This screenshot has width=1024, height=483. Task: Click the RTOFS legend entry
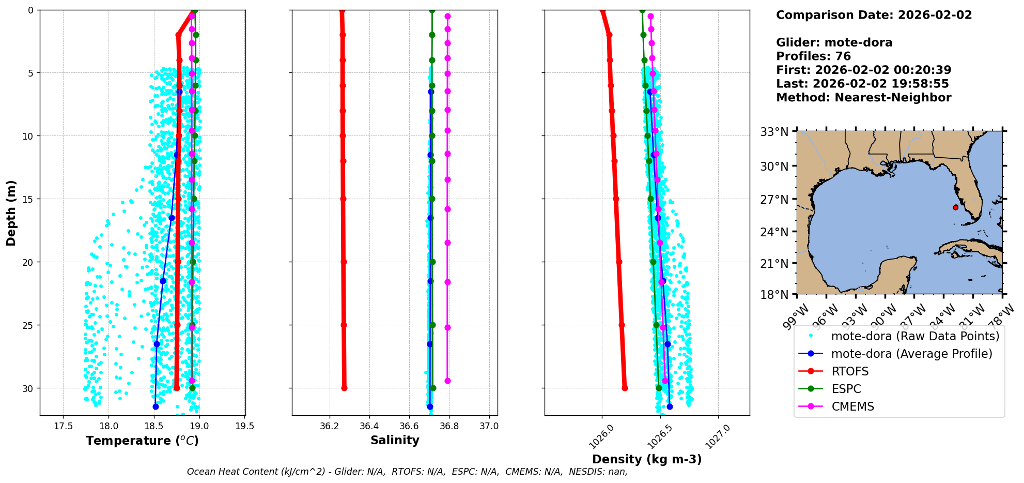pyautogui.click(x=849, y=371)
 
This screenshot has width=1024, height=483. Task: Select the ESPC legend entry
pyautogui.click(x=846, y=389)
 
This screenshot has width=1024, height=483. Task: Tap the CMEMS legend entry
pyautogui.click(x=852, y=406)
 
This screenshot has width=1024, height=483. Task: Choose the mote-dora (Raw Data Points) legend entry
pyautogui.click(x=915, y=336)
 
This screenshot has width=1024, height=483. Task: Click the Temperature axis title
pyautogui.click(x=142, y=441)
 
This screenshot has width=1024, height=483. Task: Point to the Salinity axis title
pyautogui.click(x=395, y=440)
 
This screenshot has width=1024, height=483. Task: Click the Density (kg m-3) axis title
pyautogui.click(x=647, y=459)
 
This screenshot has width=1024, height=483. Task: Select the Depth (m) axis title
pyautogui.click(x=11, y=213)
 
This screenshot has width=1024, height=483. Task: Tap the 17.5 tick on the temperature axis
pyautogui.click(x=63, y=427)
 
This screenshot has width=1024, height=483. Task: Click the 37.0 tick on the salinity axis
pyautogui.click(x=489, y=427)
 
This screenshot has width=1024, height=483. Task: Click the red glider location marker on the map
pyautogui.click(x=955, y=207)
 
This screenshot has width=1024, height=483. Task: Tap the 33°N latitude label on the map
pyautogui.click(x=774, y=132)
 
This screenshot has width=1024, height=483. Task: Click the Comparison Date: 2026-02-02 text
pyautogui.click(x=874, y=15)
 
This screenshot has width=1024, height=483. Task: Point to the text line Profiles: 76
pyautogui.click(x=813, y=56)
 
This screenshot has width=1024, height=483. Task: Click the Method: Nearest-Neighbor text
pyautogui.click(x=863, y=97)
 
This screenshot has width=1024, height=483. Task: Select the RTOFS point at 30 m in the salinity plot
pyautogui.click(x=344, y=388)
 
